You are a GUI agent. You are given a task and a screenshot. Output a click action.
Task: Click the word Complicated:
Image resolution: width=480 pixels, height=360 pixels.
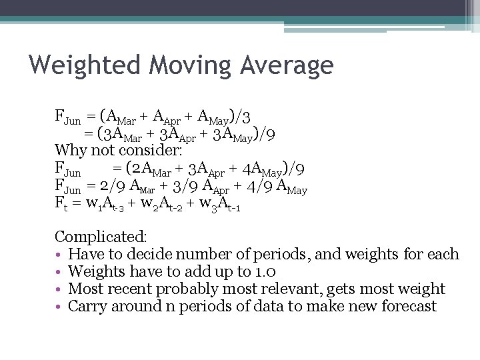click(x=101, y=237)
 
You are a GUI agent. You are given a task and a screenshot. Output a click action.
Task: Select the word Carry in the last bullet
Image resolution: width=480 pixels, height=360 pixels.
click(x=87, y=307)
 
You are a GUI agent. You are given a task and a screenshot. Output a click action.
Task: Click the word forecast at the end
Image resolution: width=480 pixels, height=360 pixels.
click(x=409, y=307)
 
